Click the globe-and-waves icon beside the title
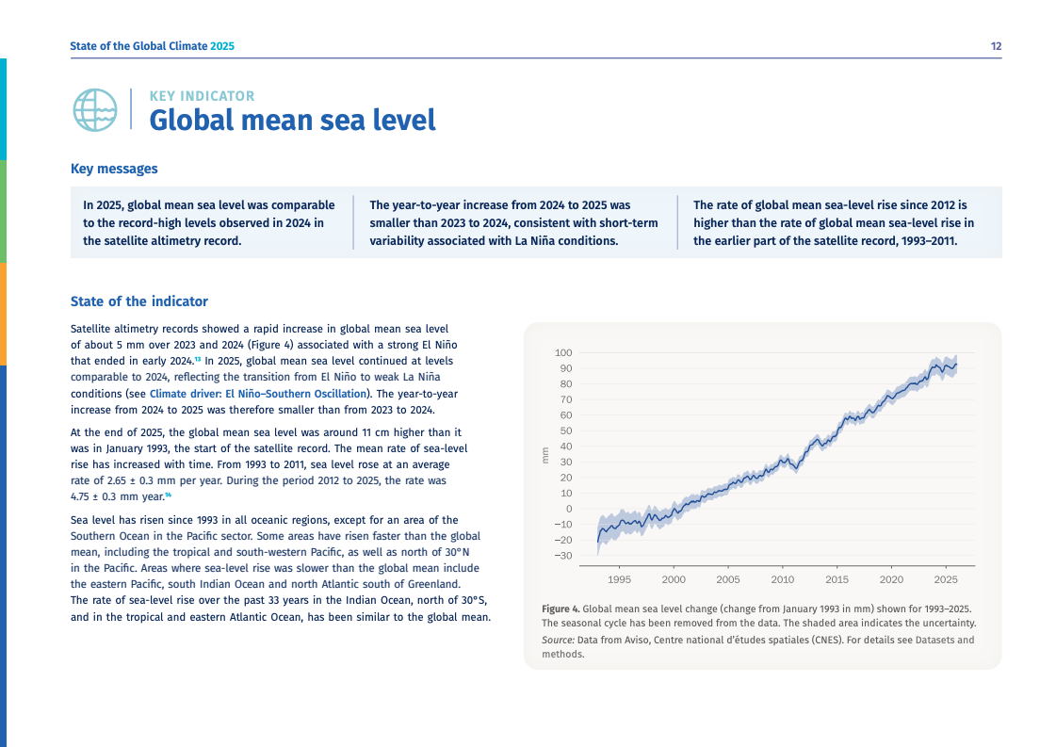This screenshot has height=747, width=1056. pyautogui.click(x=94, y=109)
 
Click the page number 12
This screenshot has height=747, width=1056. pyautogui.click(x=996, y=46)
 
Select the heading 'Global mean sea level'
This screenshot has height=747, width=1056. pyautogui.click(x=292, y=121)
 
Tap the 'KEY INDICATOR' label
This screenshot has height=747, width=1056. pyautogui.click(x=202, y=96)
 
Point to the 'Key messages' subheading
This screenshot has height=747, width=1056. pyautogui.click(x=114, y=170)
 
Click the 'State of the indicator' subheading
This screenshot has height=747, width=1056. pyautogui.click(x=139, y=301)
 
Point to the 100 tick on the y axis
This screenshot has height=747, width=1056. pyautogui.click(x=564, y=352)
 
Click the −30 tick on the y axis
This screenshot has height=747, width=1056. pyautogui.click(x=562, y=556)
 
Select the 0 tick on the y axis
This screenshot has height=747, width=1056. pyautogui.click(x=569, y=509)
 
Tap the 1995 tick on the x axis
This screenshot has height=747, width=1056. pyautogui.click(x=619, y=579)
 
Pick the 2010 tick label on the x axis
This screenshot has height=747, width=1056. pyautogui.click(x=783, y=579)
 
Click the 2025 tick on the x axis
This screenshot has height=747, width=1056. pyautogui.click(x=946, y=579)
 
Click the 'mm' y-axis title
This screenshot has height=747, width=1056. pyautogui.click(x=544, y=456)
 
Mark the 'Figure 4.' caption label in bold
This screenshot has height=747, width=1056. pyautogui.click(x=560, y=609)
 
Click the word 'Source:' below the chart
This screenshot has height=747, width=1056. pyautogui.click(x=558, y=640)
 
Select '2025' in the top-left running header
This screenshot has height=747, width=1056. pyautogui.click(x=222, y=46)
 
